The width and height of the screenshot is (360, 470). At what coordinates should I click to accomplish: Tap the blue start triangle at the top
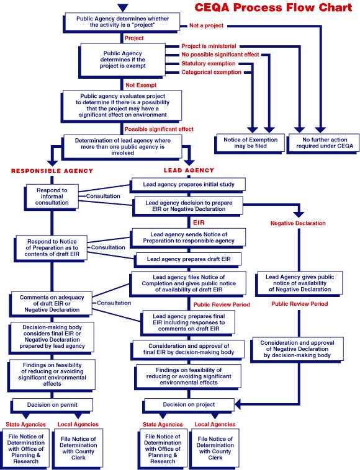point(123,7)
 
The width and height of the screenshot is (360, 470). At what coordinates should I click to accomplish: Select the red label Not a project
point(205,25)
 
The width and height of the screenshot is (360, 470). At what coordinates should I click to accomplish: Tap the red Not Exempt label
point(141,84)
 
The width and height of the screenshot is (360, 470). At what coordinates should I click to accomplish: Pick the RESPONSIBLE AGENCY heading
point(52,170)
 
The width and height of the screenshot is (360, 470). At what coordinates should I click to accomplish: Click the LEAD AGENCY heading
point(189,170)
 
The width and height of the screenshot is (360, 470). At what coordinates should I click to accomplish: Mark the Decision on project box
point(189,404)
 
